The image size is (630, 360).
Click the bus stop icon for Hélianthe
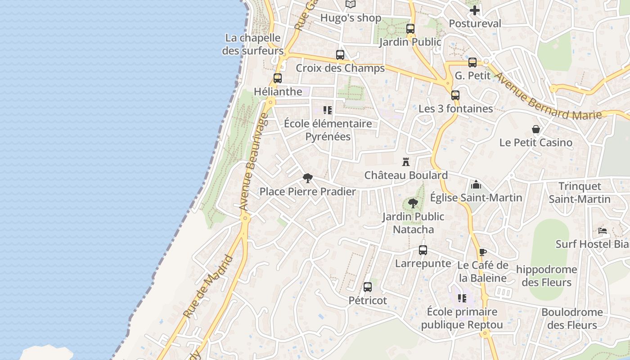[278, 78]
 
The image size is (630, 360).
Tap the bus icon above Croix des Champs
[340, 55]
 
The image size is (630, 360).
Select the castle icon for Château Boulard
[406, 162]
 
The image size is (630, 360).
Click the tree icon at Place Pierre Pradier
[308, 178]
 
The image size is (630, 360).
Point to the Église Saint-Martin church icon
[476, 184]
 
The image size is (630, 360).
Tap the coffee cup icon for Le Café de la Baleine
[483, 252]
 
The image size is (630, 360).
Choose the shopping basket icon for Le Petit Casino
[536, 130]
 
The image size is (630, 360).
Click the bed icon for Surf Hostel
[603, 231]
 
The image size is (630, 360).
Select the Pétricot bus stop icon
[368, 287]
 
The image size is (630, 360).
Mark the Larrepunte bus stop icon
[423, 250]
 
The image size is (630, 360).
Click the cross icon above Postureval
[475, 10]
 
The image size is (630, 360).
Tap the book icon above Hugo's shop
[351, 4]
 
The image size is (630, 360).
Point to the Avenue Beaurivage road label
[255, 162]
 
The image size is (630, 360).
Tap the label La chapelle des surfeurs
[252, 44]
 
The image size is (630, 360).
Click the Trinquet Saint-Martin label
[580, 193]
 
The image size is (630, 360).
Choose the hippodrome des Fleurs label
[546, 276]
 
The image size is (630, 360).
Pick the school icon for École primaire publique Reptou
[462, 298]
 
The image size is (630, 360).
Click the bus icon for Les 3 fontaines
[455, 95]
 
